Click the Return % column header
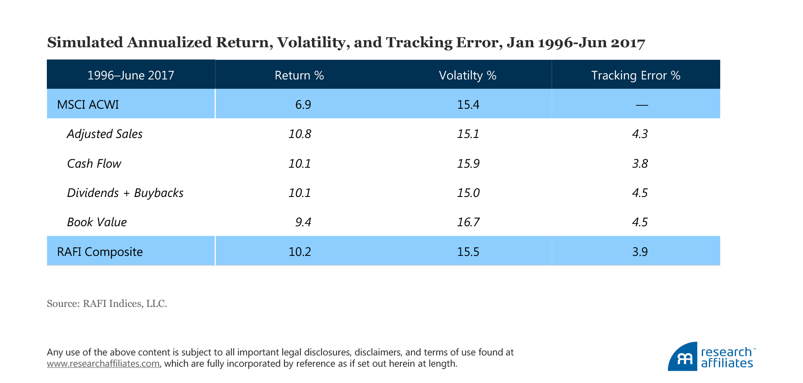299,75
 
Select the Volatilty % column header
468,75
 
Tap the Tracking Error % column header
636,75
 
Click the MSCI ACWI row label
88,104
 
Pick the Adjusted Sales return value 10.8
300,134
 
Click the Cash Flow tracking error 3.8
640,163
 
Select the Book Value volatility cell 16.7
468,222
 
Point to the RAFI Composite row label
100,252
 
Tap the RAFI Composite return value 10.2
300,252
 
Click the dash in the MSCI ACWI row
642,105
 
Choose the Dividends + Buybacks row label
125,193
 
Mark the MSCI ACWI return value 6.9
303,104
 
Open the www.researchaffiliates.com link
103,363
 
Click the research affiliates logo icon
683,357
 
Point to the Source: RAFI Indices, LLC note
107,304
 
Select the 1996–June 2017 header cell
130,75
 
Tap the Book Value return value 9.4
303,222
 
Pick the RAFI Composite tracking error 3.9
640,252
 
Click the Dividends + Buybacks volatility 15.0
468,193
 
